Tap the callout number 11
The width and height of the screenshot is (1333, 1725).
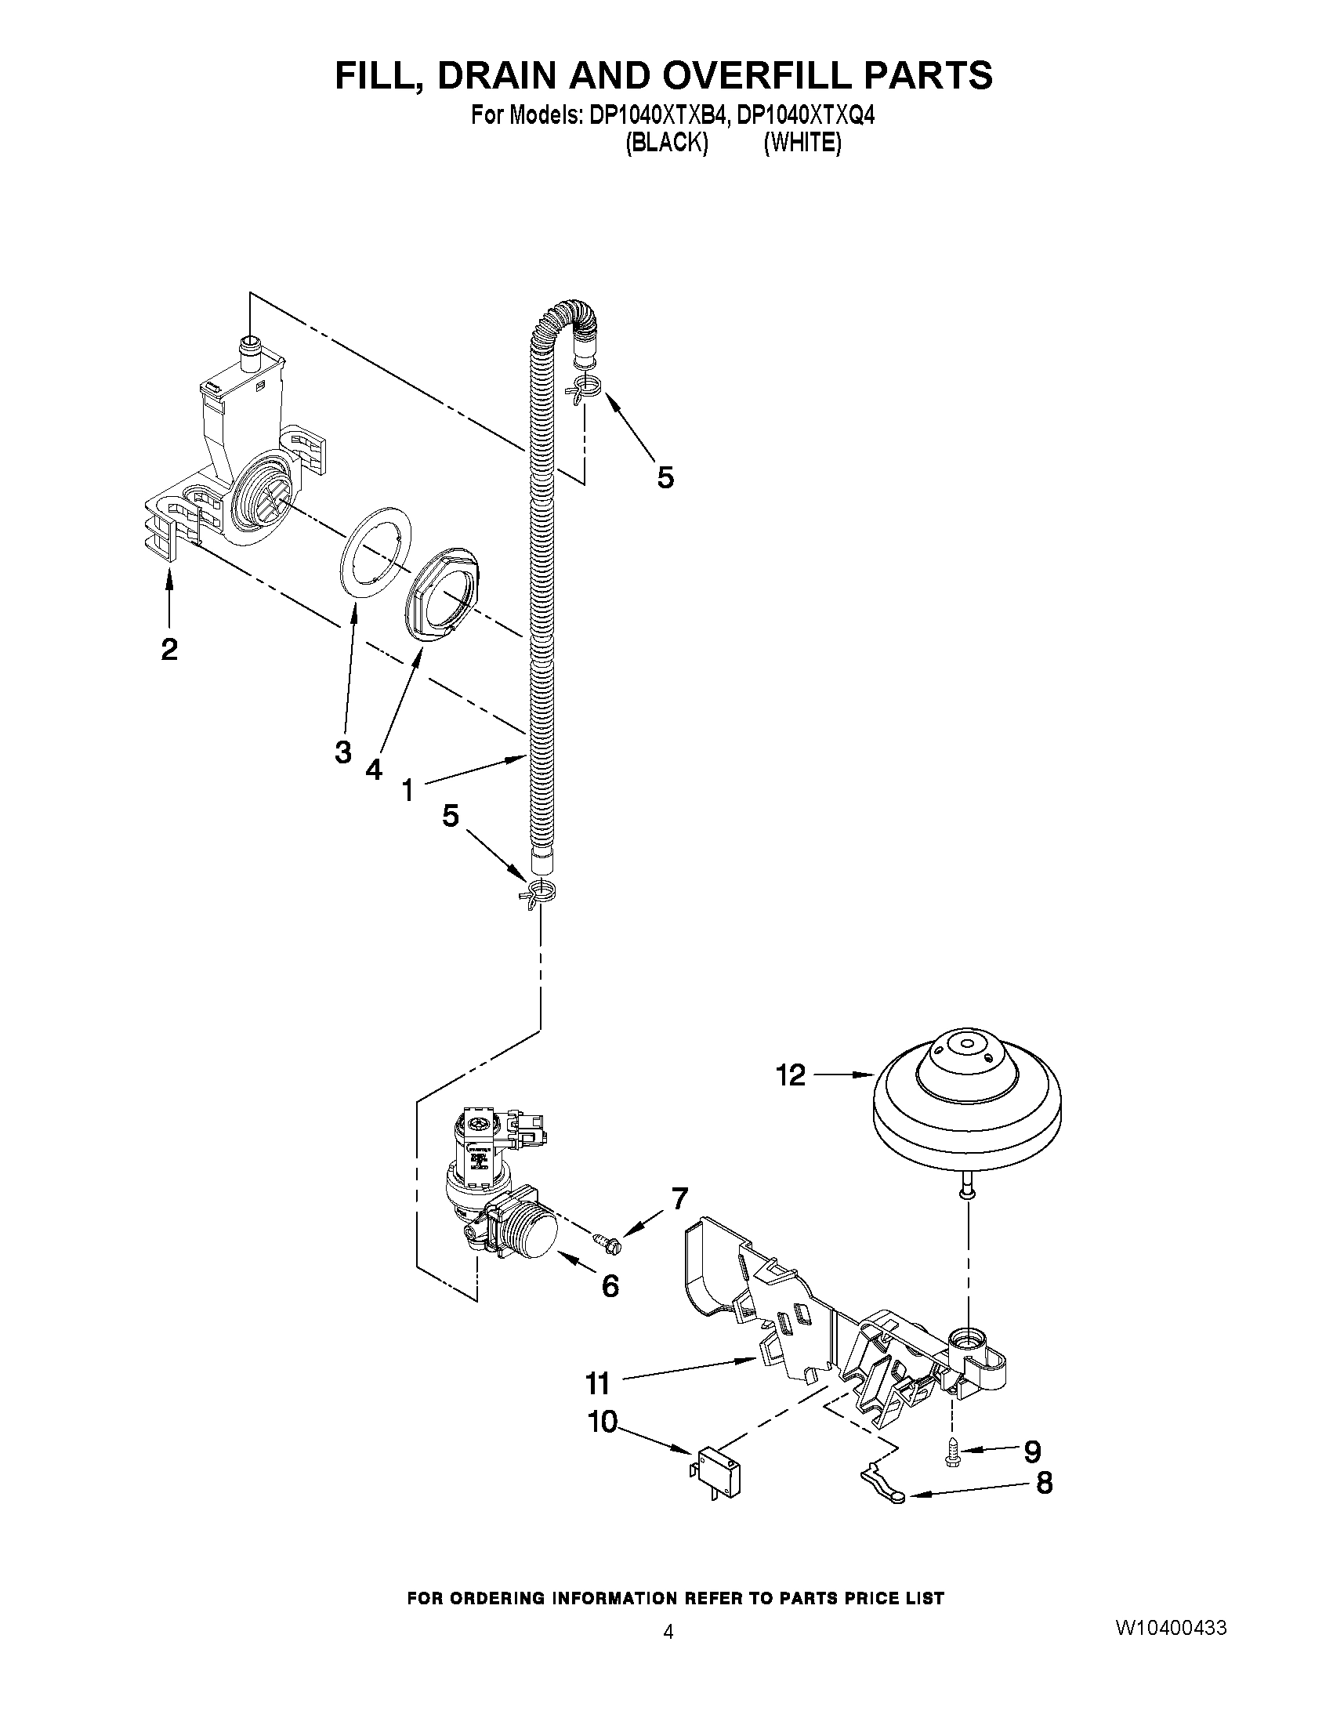(598, 1383)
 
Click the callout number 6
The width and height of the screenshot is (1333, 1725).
(610, 1286)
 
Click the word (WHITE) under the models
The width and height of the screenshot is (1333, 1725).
(802, 143)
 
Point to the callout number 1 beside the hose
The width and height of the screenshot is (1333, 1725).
(408, 789)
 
